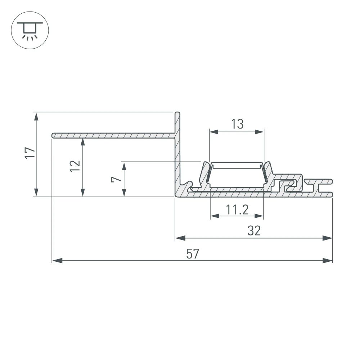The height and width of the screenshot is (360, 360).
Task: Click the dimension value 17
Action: [31, 153]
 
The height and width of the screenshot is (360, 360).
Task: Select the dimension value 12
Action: [75, 166]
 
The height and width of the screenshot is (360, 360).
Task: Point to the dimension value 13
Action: [237, 124]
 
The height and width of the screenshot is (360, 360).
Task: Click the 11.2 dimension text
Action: [237, 209]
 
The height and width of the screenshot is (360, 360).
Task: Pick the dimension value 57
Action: [193, 254]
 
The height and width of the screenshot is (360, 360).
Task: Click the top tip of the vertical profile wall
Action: [177, 113]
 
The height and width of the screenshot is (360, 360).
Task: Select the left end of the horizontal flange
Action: [54, 135]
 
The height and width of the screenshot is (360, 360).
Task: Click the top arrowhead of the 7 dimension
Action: [124, 166]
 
